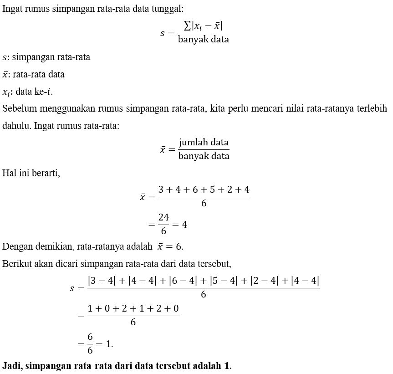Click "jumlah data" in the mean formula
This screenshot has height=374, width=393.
pyautogui.click(x=204, y=142)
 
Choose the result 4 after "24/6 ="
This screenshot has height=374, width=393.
pyautogui.click(x=184, y=224)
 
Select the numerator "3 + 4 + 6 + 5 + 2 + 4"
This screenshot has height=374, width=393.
pyautogui.click(x=204, y=190)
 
